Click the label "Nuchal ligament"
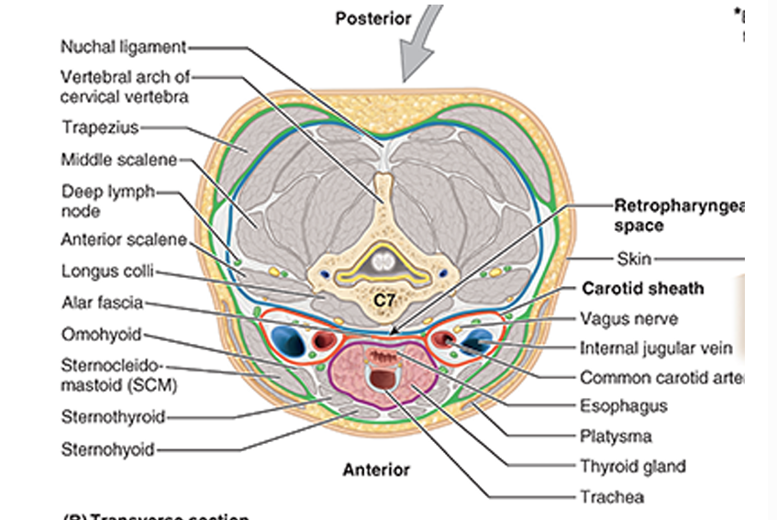[x=123, y=46]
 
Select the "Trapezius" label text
[x=99, y=127]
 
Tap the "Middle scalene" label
[x=118, y=160]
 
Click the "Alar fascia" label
[x=101, y=303]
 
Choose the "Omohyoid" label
[x=101, y=334]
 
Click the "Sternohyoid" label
[x=107, y=449]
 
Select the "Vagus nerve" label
[x=628, y=319]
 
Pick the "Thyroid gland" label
[x=632, y=466]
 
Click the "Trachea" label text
[x=611, y=497]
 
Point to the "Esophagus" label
[x=623, y=405]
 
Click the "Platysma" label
[x=615, y=437]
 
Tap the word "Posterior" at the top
[x=372, y=19]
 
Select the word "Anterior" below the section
[x=376, y=470]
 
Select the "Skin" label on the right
[x=634, y=259]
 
